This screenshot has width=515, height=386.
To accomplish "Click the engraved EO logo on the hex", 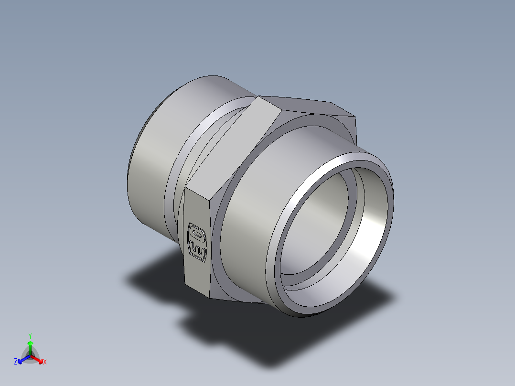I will (198, 242).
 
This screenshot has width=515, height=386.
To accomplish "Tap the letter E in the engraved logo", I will (198, 250).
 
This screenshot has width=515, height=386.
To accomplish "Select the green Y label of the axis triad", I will (30, 336).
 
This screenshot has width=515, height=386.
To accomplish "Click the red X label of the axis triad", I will (45, 362).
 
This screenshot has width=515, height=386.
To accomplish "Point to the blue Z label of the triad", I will (16, 362).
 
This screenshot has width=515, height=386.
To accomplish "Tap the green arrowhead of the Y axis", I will (30, 343).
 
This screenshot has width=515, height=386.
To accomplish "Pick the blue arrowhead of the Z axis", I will (21, 360).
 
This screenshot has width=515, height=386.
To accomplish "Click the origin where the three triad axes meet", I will (30, 355).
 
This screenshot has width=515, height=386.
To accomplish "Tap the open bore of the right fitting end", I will (334, 225).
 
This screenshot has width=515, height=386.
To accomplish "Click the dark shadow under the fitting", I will (268, 334).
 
